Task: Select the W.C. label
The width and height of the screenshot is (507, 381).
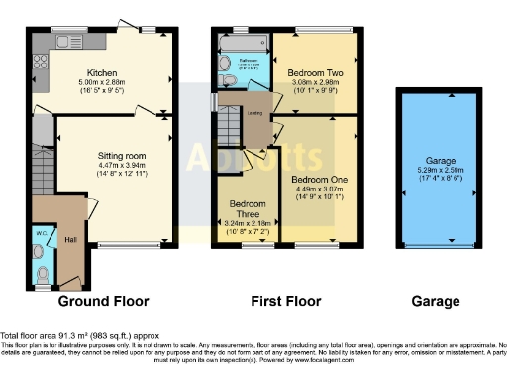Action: click(x=40, y=235)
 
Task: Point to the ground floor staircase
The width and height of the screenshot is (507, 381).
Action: click(x=42, y=169)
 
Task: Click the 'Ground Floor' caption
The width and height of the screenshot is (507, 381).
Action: click(x=104, y=301)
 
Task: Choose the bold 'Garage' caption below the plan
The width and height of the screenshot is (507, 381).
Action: click(x=437, y=301)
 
